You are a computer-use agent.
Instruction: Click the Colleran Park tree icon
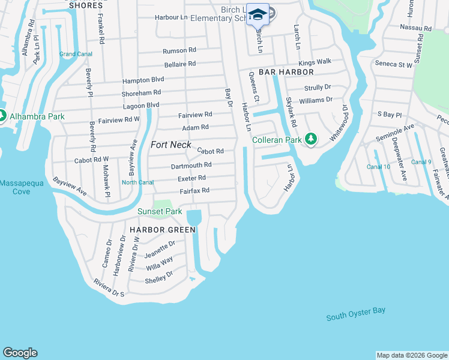click(x=310, y=140)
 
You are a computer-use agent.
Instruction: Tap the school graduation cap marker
click(x=258, y=15)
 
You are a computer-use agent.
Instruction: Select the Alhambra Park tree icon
click(x=2, y=116)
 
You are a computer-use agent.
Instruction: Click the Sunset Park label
click(x=160, y=211)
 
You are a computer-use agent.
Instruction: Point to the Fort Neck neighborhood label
click(x=171, y=145)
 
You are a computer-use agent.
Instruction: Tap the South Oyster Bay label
click(x=356, y=314)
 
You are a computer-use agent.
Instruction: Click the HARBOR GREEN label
click(x=163, y=230)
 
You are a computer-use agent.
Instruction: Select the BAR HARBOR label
click(x=286, y=72)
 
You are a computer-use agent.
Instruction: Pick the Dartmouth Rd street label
click(x=191, y=164)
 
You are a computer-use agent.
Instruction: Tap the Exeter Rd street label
click(x=191, y=178)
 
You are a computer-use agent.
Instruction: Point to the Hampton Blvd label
click(x=143, y=79)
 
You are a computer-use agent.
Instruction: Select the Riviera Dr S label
click(x=109, y=288)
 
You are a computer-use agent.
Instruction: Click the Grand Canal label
click(x=75, y=54)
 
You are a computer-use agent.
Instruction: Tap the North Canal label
click(x=137, y=182)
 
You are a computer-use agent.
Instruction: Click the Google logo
click(x=20, y=353)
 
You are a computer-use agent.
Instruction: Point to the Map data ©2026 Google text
click(x=412, y=355)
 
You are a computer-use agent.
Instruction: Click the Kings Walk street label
click(x=315, y=62)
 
